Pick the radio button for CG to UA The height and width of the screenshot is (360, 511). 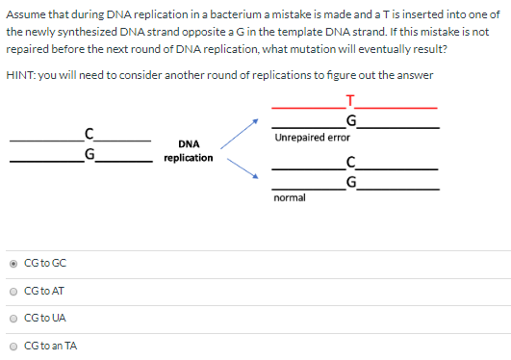tap(12, 319)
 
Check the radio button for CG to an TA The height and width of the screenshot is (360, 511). tap(12, 346)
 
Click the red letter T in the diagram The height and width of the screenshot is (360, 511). tap(352, 101)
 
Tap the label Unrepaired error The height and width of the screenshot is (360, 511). tap(312, 138)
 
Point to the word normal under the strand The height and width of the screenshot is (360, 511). tap(289, 197)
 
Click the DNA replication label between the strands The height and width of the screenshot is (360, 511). tap(189, 151)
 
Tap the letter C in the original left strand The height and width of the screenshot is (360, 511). tap(89, 134)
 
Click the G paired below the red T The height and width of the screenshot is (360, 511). tap(352, 120)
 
